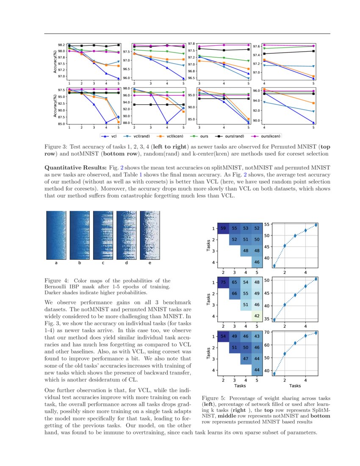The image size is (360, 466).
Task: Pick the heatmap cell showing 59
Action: pyautogui.click(x=223, y=228)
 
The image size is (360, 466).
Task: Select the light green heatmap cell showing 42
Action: pyautogui.click(x=257, y=316)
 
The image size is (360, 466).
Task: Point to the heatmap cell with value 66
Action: pyautogui.click(x=234, y=294)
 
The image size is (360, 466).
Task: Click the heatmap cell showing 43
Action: pyautogui.click(x=257, y=336)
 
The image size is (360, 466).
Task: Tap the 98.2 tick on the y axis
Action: pyautogui.click(x=61, y=45)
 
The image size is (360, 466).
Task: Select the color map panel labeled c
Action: pyautogui.click(x=103, y=236)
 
